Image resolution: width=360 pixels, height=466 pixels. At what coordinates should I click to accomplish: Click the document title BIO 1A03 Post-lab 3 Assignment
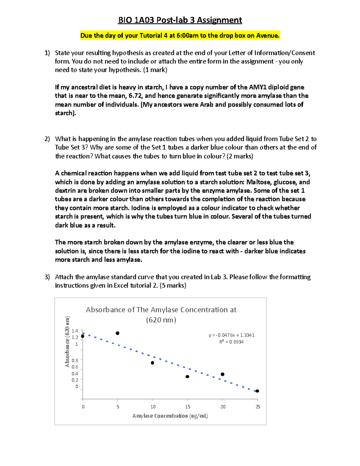click(x=180, y=20)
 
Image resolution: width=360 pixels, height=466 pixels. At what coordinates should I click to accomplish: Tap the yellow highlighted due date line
click(x=180, y=36)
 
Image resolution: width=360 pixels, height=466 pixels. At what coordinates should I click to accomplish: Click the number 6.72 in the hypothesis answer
click(x=136, y=96)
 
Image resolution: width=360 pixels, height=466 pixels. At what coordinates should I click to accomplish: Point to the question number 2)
click(x=47, y=139)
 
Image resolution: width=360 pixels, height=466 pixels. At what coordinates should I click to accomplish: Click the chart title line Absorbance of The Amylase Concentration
click(x=161, y=310)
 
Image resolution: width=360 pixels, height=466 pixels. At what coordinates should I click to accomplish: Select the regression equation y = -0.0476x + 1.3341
click(x=232, y=335)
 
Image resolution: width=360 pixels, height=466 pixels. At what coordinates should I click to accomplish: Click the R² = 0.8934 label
click(x=231, y=342)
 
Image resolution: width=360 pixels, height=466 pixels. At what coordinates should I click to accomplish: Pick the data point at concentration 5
click(x=118, y=333)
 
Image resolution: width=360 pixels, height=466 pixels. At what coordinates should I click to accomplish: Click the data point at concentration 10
click(x=152, y=363)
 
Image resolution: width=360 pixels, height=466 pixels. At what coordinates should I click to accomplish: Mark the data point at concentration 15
click(x=187, y=377)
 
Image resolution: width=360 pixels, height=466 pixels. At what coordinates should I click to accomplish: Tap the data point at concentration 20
click(x=223, y=374)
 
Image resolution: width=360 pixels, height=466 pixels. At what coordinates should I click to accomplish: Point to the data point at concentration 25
click(x=257, y=391)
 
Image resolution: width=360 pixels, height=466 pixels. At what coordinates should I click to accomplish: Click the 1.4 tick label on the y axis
click(x=75, y=331)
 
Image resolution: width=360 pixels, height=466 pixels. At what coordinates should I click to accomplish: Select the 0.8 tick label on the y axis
click(x=75, y=360)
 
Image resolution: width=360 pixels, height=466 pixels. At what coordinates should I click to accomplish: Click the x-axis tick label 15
click(x=188, y=407)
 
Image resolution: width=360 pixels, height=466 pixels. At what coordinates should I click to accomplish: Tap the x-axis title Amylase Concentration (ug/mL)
click(x=170, y=416)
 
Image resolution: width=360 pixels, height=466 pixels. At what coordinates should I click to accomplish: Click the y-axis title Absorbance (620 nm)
click(x=67, y=341)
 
